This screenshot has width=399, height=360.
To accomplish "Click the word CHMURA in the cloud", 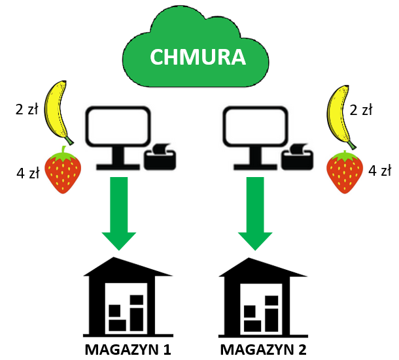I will pos(198,57).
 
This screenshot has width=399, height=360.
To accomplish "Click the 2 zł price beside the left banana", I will pos(27,109).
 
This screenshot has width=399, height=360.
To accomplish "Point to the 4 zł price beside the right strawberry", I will pos(380,171).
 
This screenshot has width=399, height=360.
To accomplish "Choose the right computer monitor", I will pos(253,130).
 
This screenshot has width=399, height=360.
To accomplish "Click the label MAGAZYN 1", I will pos(128,349).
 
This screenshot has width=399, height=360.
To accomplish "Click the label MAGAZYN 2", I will pos(264,349).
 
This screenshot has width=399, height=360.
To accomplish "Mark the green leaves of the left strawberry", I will pos(63,155).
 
